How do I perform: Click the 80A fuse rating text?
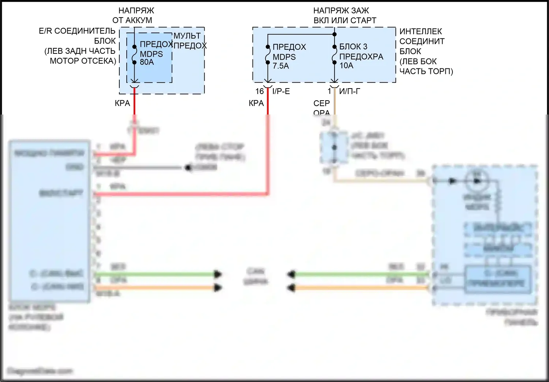(147, 62)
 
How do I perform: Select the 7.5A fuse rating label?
(281, 66)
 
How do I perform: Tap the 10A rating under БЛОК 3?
(346, 65)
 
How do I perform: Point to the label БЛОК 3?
(353, 46)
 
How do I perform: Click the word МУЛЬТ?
(187, 36)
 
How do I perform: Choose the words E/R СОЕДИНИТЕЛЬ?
(77, 31)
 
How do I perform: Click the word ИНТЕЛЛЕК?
(421, 31)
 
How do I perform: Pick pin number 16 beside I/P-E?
(259, 91)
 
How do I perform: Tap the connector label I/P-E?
(281, 91)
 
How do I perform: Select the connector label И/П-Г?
(350, 91)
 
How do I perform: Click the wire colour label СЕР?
(321, 103)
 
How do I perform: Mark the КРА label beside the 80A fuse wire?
(122, 103)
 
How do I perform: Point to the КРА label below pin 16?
(256, 103)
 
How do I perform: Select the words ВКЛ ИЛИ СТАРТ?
(345, 20)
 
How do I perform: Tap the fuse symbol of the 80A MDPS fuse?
(134, 55)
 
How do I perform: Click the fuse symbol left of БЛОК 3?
(334, 55)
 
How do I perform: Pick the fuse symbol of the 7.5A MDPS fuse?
(268, 55)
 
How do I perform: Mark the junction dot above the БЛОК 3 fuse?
(334, 34)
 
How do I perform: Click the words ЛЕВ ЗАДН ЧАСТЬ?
(80, 51)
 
